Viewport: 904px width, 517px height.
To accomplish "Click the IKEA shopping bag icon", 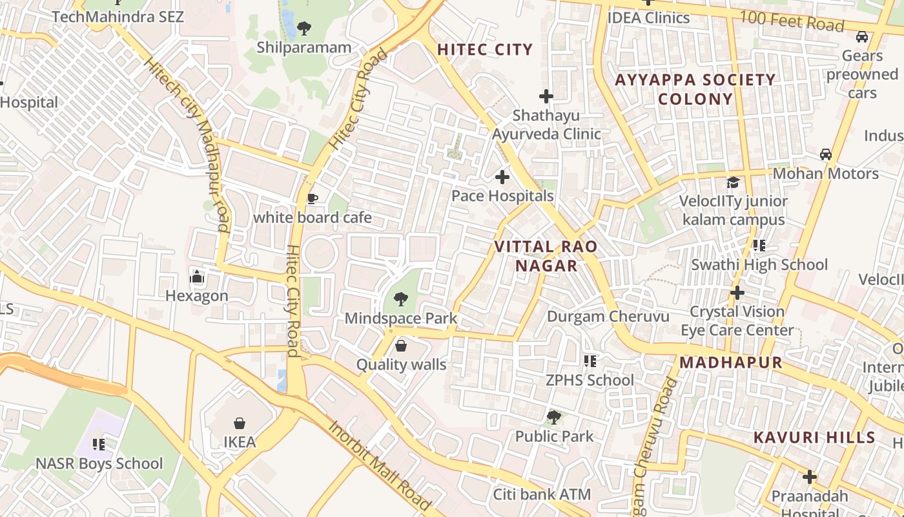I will (240, 423).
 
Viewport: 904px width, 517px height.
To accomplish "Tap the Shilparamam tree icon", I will (304, 28).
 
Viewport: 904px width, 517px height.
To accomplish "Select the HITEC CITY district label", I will (485, 50).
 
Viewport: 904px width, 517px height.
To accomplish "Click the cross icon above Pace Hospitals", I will (502, 176).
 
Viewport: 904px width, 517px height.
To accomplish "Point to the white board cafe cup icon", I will (313, 198).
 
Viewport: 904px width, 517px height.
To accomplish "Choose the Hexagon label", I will (197, 296).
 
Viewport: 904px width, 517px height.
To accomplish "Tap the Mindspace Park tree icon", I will (400, 299).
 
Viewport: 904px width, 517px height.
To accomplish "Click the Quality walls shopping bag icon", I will (401, 346).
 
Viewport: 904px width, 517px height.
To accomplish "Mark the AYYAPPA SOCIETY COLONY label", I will (695, 89).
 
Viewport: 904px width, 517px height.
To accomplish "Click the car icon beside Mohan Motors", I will (826, 154).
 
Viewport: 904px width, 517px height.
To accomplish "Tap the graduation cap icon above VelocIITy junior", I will (733, 182).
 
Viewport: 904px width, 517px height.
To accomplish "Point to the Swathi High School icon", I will (759, 246).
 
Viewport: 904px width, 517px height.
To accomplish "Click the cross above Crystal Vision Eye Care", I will (737, 293).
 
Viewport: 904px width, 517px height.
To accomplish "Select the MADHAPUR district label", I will (731, 363).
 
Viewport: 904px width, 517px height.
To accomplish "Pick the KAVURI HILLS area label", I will (814, 438).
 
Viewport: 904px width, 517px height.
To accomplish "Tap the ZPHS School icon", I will (590, 361).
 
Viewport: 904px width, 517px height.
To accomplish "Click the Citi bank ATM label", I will (542, 495).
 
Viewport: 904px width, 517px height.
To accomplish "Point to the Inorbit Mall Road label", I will (379, 465).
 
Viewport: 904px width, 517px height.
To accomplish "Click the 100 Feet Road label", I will (792, 21).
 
